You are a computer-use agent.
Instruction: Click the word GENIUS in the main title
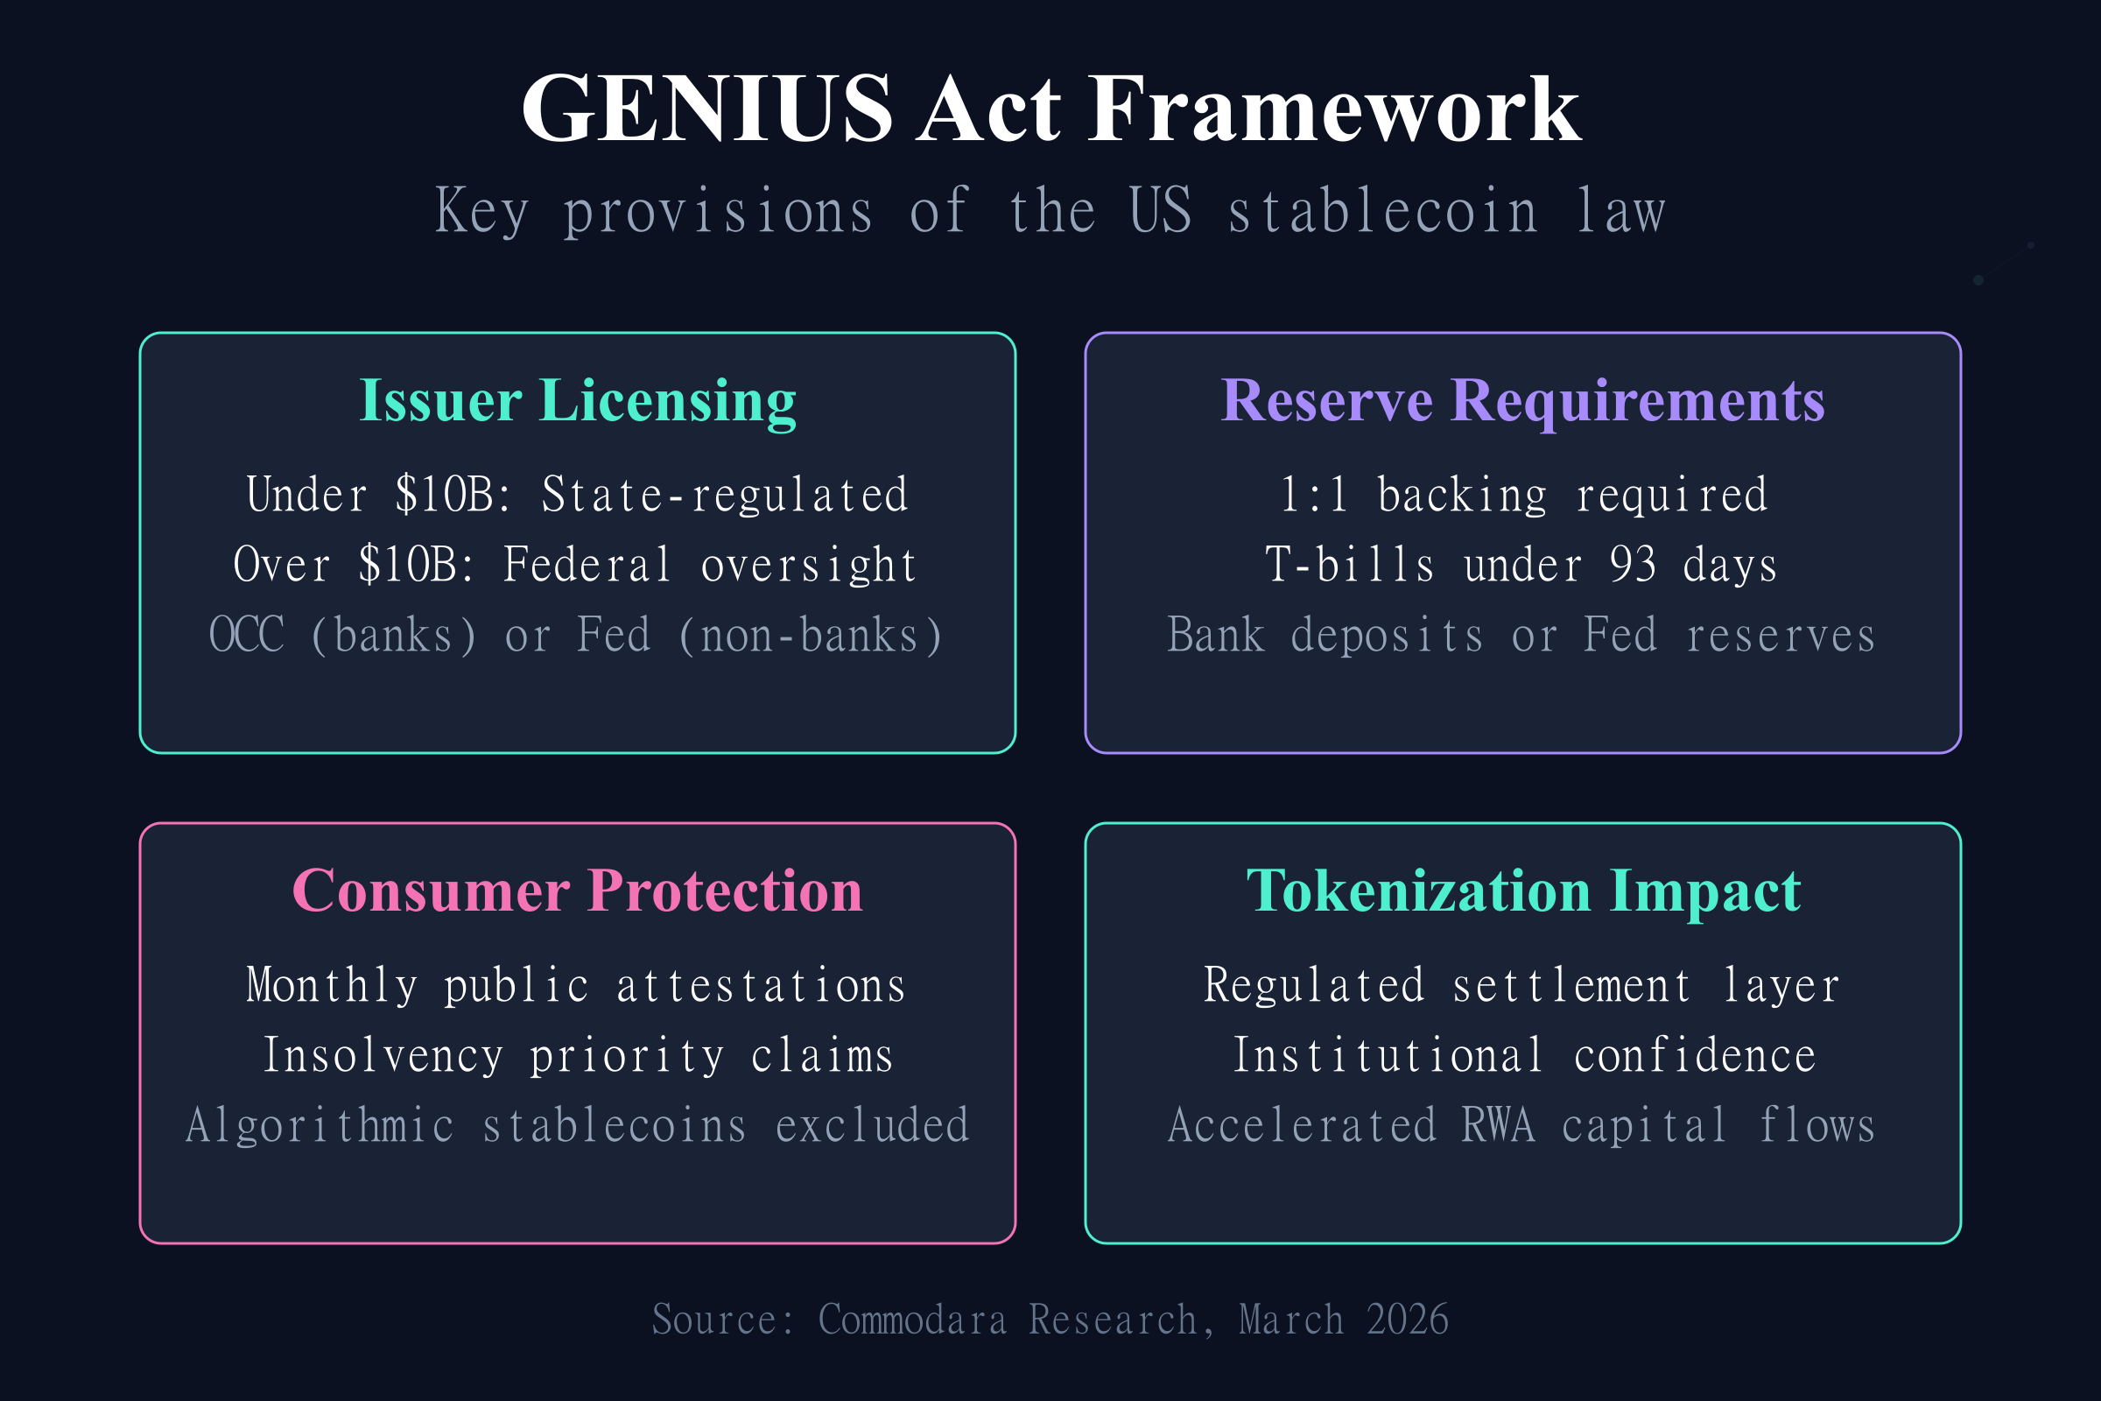[706, 109]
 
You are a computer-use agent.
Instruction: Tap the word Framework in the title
[1333, 109]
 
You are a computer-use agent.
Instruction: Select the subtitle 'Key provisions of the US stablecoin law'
[1050, 212]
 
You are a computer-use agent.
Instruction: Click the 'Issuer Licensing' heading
[577, 400]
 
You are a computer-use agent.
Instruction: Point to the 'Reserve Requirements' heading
[1523, 400]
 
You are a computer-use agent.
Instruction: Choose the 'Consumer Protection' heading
[577, 891]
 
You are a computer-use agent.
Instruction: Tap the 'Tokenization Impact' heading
[1523, 891]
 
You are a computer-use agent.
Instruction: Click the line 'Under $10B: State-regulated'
[577, 495]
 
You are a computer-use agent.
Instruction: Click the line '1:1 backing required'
[1523, 495]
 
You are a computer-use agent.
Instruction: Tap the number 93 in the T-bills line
[1632, 565]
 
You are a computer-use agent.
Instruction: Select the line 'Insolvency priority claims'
[578, 1055]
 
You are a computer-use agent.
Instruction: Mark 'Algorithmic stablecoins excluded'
[577, 1125]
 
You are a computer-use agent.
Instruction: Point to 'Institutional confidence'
[1524, 1055]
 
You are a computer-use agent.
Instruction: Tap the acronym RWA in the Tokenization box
[1498, 1125]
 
